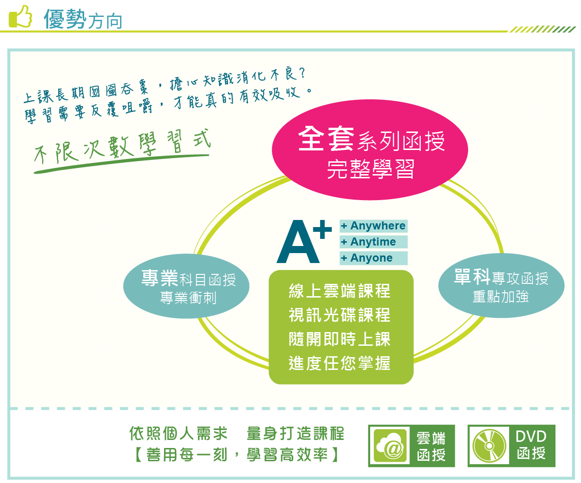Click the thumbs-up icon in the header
20,17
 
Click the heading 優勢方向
83,19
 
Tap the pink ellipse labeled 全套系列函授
370,149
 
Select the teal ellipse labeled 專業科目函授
186,286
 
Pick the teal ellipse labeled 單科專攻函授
501,286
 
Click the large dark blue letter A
298,241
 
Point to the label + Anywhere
373,226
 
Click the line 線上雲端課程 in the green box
339,291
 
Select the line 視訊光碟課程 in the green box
339,315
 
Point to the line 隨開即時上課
339,339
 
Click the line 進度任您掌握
339,363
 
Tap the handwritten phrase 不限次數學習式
122,147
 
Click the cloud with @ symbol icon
390,446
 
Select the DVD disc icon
489,446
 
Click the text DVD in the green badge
531,437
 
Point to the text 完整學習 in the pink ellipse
370,169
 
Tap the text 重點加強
501,296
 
